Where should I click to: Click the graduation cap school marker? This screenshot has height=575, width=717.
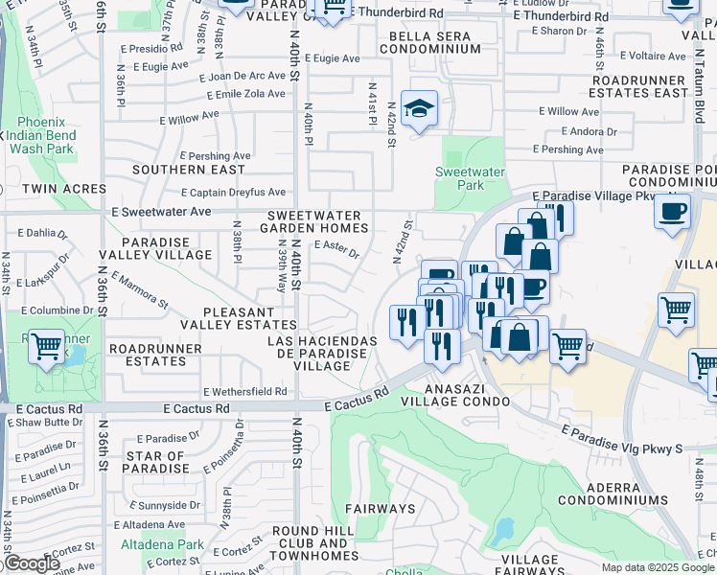click(x=420, y=110)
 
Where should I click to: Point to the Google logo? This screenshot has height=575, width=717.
click(x=32, y=563)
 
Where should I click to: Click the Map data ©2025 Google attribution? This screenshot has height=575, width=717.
click(x=657, y=567)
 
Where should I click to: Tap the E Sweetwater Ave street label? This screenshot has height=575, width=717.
click(x=161, y=211)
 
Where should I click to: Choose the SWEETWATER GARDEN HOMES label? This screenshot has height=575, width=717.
click(x=316, y=222)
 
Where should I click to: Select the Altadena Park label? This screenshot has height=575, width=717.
click(x=162, y=544)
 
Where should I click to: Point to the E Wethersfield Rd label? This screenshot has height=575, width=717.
click(x=244, y=391)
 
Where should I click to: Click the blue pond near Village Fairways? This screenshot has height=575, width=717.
click(x=502, y=528)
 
